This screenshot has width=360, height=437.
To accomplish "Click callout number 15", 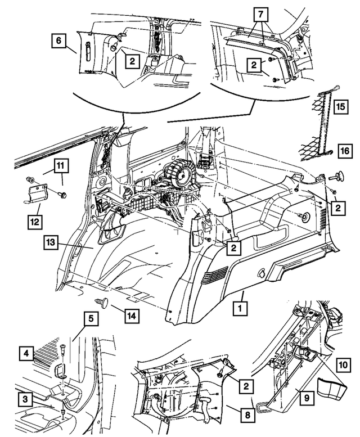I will pos(340,106).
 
